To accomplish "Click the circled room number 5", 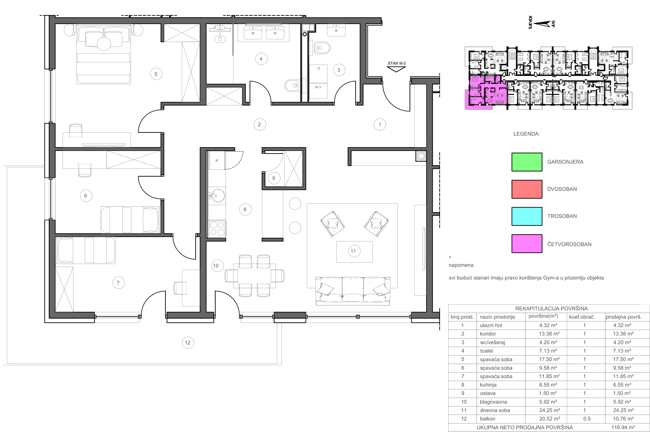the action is click(x=156, y=74).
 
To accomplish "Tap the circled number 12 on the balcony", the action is click(x=188, y=343).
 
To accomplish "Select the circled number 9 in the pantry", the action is click(x=274, y=178).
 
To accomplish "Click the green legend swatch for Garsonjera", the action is click(x=527, y=162).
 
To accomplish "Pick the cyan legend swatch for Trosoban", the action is click(x=527, y=216).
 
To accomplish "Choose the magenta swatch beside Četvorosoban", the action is click(x=527, y=244).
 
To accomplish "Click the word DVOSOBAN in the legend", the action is click(x=562, y=189).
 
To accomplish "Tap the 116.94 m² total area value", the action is click(x=623, y=428).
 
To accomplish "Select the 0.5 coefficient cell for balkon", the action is click(x=587, y=419).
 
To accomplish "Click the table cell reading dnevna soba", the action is click(x=495, y=410).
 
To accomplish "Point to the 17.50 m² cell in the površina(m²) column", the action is click(x=548, y=359).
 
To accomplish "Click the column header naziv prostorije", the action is click(x=497, y=317).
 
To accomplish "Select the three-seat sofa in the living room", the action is click(x=353, y=291).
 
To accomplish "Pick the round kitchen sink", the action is click(x=216, y=196).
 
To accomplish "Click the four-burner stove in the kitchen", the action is click(x=217, y=229).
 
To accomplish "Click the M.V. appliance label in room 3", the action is click(x=319, y=87).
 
